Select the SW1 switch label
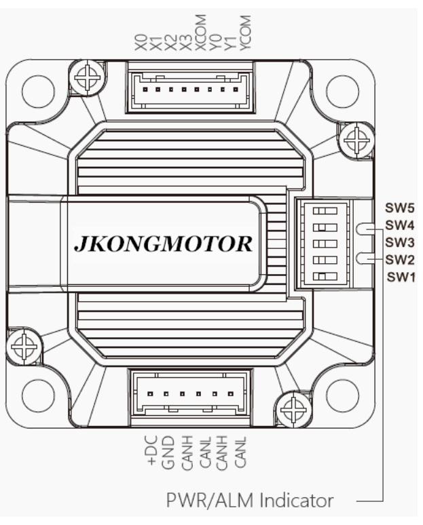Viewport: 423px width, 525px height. [400, 277]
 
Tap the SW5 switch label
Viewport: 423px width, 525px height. [400, 208]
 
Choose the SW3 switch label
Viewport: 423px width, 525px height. [400, 242]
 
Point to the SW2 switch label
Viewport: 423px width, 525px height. [400, 259]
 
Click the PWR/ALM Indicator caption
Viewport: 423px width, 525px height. [251, 501]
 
